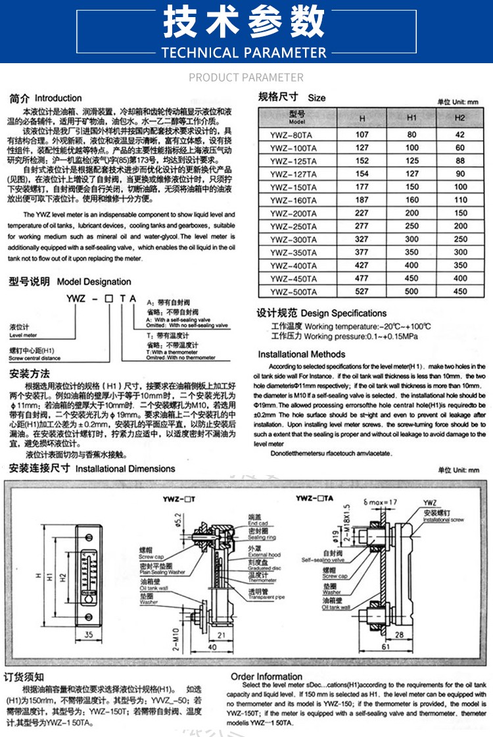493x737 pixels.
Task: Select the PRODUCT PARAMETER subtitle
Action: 246,78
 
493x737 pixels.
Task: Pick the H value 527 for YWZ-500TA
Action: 362,291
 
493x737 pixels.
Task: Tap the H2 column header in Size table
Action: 459,118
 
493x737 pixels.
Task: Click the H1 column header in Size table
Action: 411,118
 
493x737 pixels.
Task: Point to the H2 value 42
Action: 459,135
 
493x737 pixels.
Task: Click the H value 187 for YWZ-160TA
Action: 362,200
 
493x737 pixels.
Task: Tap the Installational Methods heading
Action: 301,354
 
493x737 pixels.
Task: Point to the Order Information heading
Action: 266,676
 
